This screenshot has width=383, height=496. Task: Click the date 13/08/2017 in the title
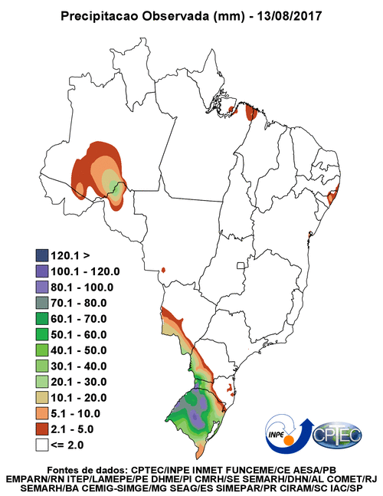click(x=290, y=16)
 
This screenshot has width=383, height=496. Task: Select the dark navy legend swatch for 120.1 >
click(x=41, y=255)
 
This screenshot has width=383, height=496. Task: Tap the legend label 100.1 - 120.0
click(x=85, y=271)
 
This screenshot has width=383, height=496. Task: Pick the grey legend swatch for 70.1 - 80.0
click(x=41, y=303)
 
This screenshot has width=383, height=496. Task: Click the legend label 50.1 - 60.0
click(x=79, y=334)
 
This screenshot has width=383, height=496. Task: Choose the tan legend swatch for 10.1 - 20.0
click(x=41, y=398)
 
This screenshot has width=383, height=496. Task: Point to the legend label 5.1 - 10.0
click(x=76, y=413)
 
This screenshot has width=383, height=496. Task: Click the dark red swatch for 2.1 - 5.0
click(x=41, y=429)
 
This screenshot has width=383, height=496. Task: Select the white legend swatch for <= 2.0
click(x=41, y=445)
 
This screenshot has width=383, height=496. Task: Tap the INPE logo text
click(x=276, y=434)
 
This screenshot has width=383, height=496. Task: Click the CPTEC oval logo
click(x=337, y=435)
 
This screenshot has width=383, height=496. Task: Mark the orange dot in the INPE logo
click(x=288, y=441)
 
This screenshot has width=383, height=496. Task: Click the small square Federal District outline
click(x=241, y=265)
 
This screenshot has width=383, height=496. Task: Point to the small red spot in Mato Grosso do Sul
click(x=163, y=270)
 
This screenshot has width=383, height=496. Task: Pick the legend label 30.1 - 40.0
click(x=79, y=366)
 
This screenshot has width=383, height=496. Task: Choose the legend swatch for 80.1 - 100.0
click(x=41, y=287)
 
